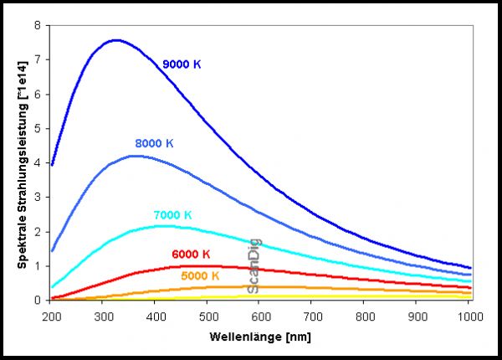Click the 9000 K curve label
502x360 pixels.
click(182, 64)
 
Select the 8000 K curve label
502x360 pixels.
click(154, 143)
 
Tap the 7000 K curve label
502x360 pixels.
click(172, 215)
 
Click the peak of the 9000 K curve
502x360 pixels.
click(115, 39)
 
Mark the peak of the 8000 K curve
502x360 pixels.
click(134, 156)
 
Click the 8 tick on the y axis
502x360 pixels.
click(37, 25)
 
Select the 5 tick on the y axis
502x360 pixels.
click(37, 128)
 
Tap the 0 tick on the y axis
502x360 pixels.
click(37, 300)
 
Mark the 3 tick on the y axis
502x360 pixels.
click(37, 197)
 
